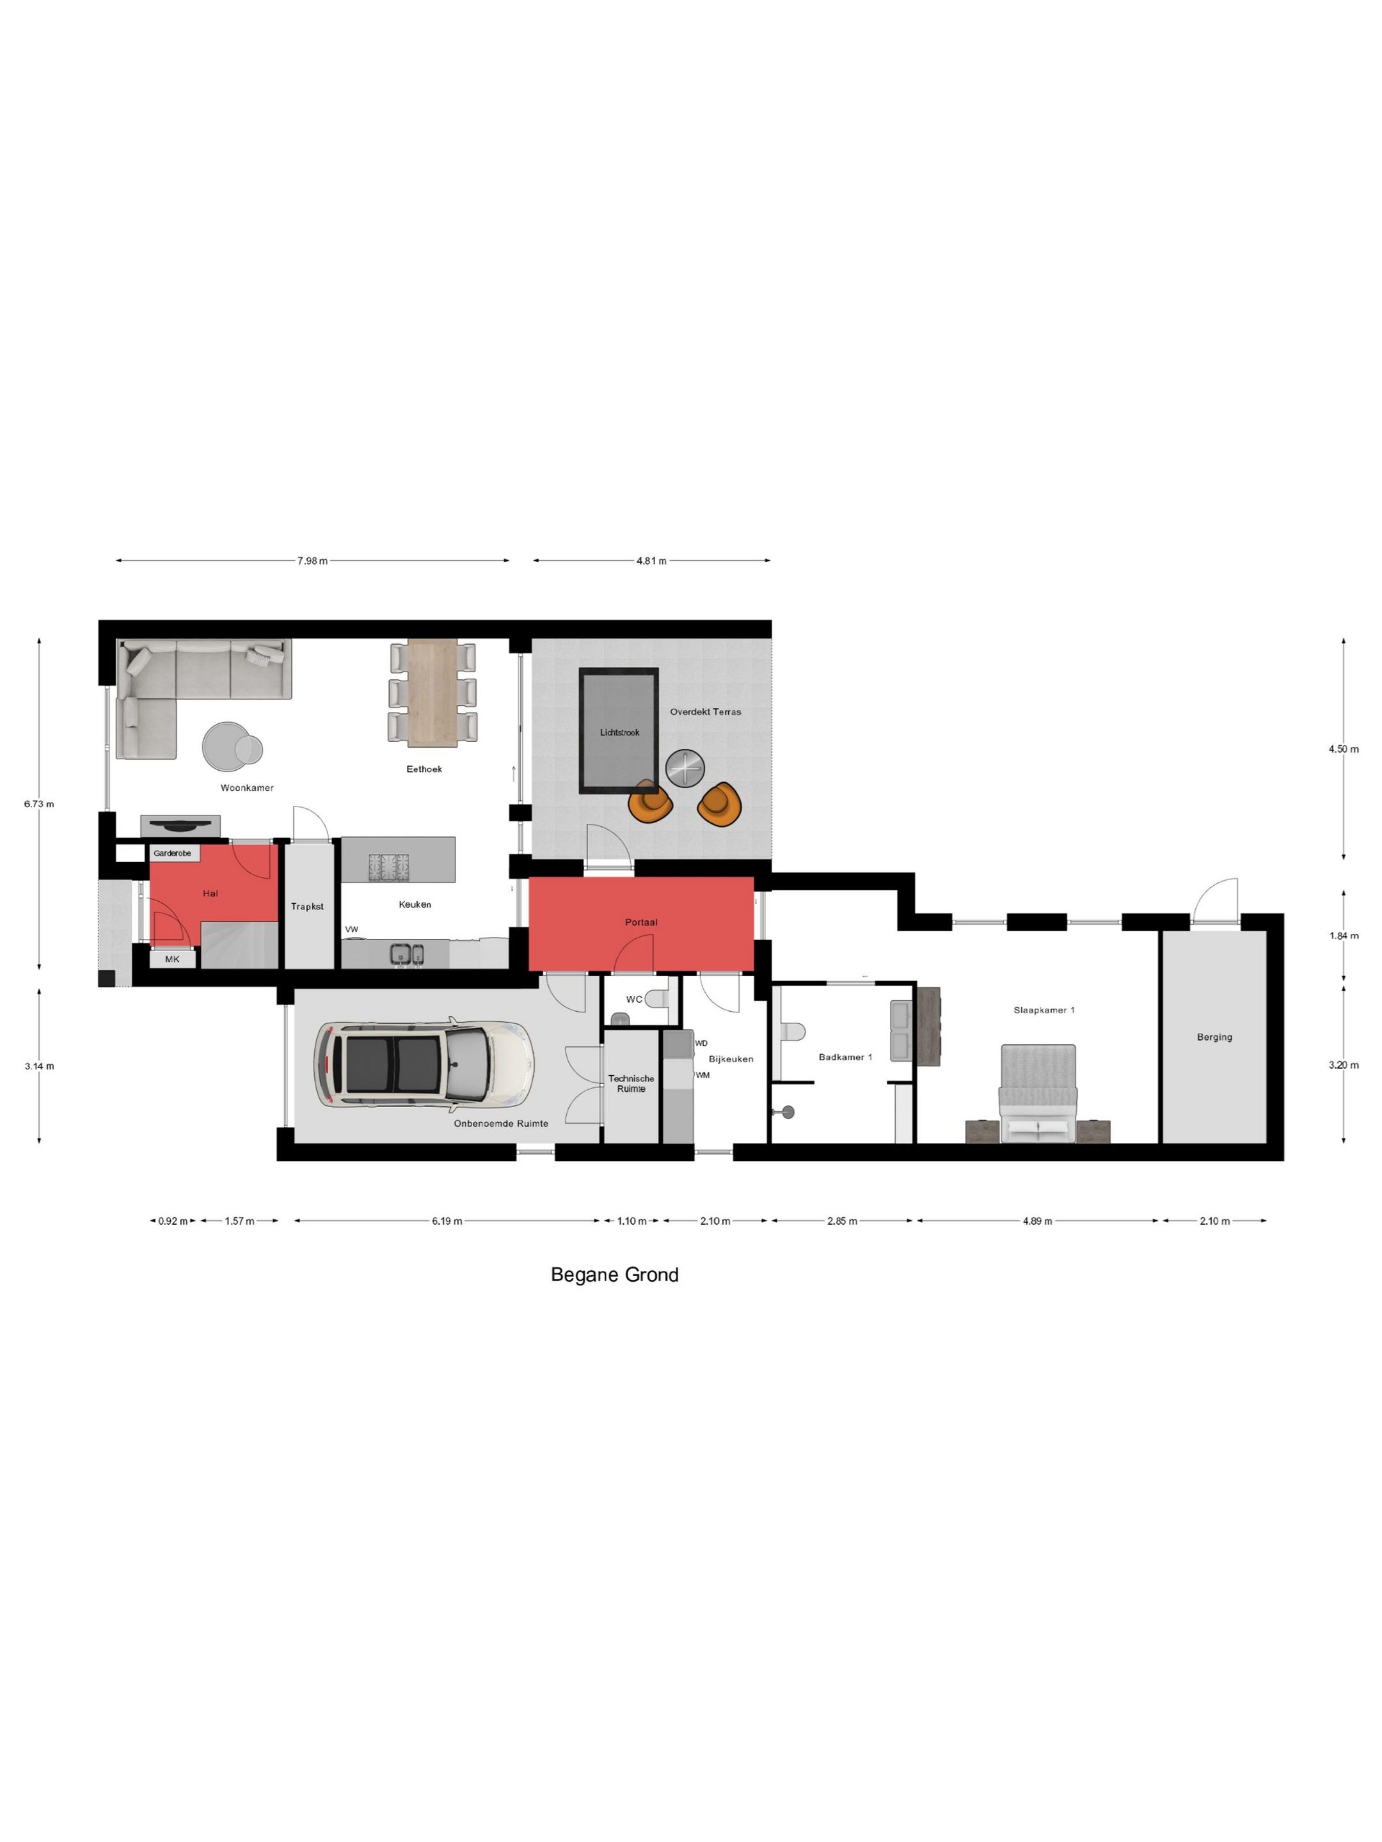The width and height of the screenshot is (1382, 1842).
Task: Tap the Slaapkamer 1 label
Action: click(x=1044, y=1010)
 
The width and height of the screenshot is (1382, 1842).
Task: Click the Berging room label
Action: click(x=1214, y=1037)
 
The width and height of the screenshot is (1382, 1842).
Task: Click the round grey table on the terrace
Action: click(x=685, y=767)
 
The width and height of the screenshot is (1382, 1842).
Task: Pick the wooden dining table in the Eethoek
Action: click(x=433, y=692)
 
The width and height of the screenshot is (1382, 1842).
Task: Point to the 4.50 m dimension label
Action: click(x=1343, y=748)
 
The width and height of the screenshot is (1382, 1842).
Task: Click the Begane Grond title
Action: click(x=615, y=1275)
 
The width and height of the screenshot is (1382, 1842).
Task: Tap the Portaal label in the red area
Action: click(x=642, y=922)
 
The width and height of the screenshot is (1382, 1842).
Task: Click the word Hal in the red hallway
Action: click(x=210, y=893)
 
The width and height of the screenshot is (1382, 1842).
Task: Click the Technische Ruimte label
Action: click(x=631, y=1083)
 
